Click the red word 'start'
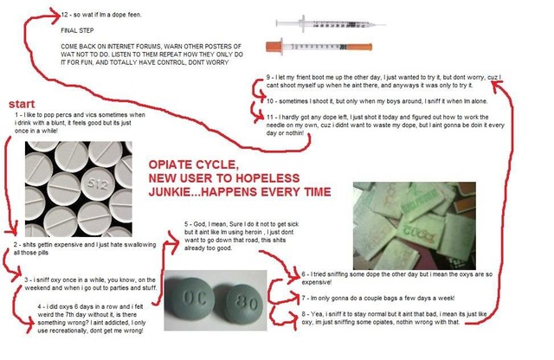click(x=22, y=104)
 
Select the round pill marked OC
click(x=192, y=299)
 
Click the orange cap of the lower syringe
click(x=359, y=47)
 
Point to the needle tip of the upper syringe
click(x=384, y=25)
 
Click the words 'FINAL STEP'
click(x=77, y=31)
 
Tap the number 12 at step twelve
click(x=64, y=15)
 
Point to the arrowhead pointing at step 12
click(x=55, y=16)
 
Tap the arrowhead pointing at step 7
click(x=293, y=296)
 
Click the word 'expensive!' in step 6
click(x=317, y=282)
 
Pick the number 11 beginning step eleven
click(x=270, y=117)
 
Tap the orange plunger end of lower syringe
click(x=274, y=46)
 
